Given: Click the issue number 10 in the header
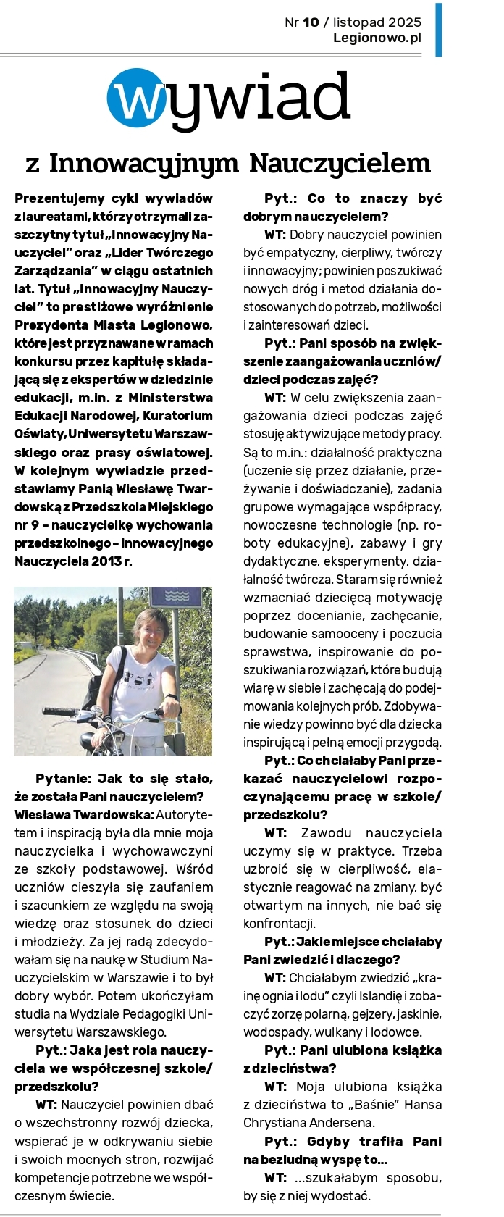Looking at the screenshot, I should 311,22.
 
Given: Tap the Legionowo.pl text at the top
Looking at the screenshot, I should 377,38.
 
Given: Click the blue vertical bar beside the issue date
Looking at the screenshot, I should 438,29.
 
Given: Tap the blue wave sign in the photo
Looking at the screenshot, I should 176,595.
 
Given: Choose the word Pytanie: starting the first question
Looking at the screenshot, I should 63,779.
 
